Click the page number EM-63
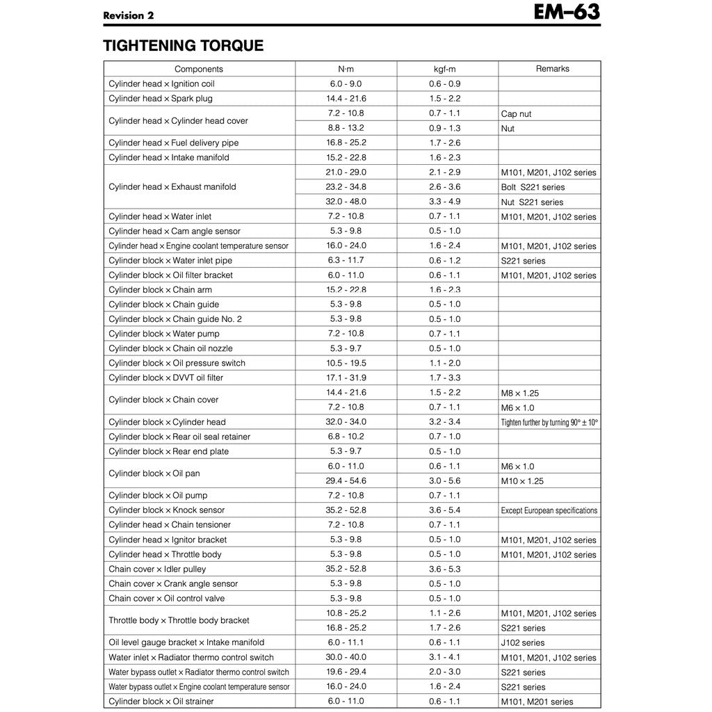[x=567, y=13]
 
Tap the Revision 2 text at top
[x=129, y=15]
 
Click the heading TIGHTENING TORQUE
[x=183, y=46]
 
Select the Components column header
[x=199, y=69]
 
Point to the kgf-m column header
[x=444, y=69]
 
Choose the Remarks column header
[x=552, y=69]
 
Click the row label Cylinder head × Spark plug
[x=161, y=99]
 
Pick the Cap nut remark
[x=516, y=114]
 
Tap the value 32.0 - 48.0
[x=346, y=202]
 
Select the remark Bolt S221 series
[x=533, y=187]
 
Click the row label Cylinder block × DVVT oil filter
[x=166, y=378]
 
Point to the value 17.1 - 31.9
[x=346, y=378]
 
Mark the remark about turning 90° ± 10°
[x=549, y=422]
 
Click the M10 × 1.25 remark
[x=522, y=481]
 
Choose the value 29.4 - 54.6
[x=346, y=481]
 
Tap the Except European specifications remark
[x=549, y=510]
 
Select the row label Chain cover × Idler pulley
[x=157, y=569]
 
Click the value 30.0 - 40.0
[x=346, y=657]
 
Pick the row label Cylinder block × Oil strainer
[x=161, y=702]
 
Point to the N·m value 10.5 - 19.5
[x=346, y=363]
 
